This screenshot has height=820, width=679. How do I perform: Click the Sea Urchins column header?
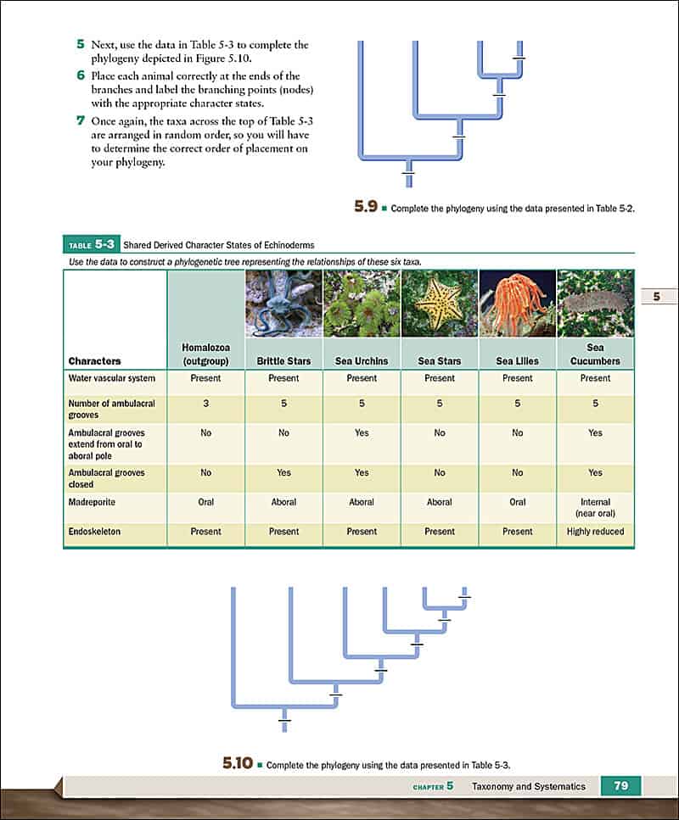(x=362, y=360)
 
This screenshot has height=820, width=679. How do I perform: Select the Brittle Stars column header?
(x=283, y=360)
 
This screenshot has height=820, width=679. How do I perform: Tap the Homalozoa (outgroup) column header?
(x=205, y=354)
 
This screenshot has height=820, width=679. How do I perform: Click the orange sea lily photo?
(x=518, y=304)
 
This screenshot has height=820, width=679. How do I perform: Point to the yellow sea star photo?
(x=440, y=304)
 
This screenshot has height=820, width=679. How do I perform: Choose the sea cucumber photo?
(x=596, y=304)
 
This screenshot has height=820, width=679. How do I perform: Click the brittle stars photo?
(x=283, y=304)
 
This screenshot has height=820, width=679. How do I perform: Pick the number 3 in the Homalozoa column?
(x=205, y=404)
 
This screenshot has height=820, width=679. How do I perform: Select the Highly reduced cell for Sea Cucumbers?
(x=596, y=532)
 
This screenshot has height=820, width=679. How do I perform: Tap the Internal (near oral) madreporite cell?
(x=596, y=507)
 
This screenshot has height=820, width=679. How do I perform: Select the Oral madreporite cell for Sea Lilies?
(x=518, y=502)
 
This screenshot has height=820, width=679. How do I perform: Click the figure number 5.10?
(x=238, y=763)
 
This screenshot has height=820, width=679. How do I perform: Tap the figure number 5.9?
(x=366, y=205)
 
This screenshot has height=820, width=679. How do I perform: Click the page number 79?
(x=621, y=786)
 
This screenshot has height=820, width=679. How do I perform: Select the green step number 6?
(x=80, y=75)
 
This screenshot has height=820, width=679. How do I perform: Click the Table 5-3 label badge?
(x=91, y=245)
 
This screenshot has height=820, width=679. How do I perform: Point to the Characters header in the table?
(x=94, y=360)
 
